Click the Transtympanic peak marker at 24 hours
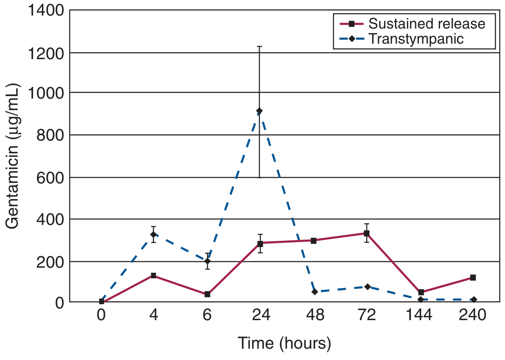pos(259,111)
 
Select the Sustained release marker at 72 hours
pos(366,233)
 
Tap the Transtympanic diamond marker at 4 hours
pos(154,235)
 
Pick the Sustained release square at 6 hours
pos(207,294)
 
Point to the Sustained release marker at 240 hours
pos(473,277)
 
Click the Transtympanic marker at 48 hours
pos(314,292)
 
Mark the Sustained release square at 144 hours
pos(421,292)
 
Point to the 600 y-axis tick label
pos(49,177)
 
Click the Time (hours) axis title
pos(285,343)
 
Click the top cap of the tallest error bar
pos(259,46)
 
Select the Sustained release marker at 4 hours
pos(154,275)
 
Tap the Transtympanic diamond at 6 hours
pos(207,261)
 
